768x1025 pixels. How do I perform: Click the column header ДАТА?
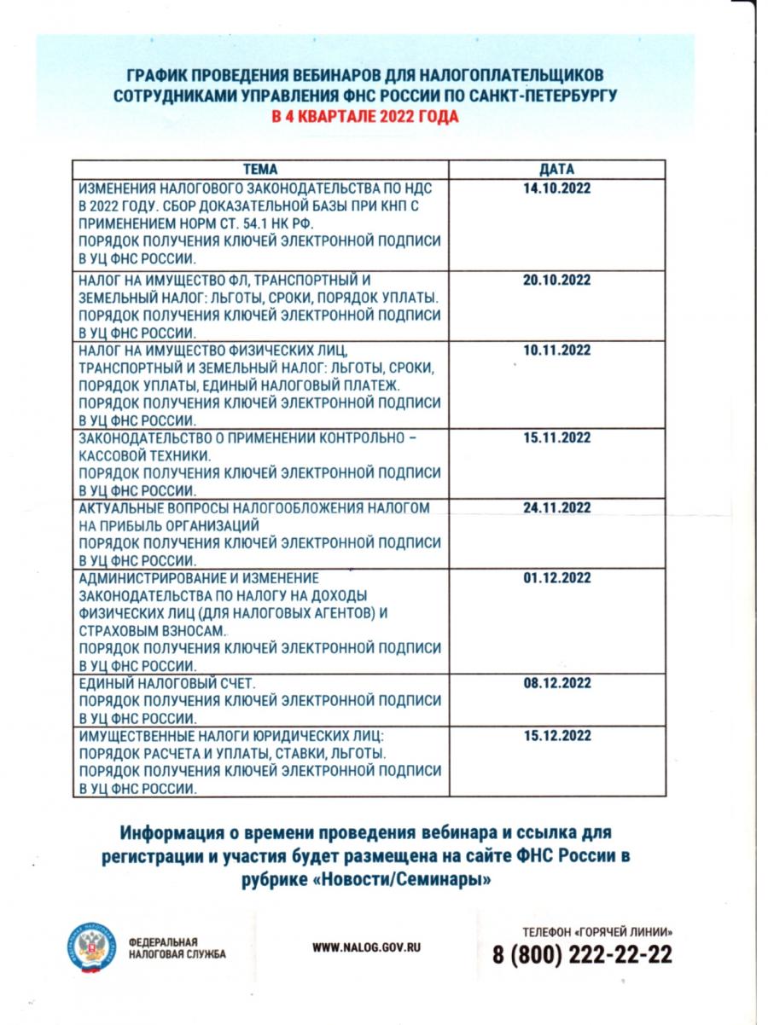click(556, 169)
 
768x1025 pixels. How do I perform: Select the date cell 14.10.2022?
click(556, 188)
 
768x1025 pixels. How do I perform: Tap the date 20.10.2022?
click(556, 280)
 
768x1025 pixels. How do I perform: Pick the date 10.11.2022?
click(556, 350)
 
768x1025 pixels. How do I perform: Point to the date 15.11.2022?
click(556, 437)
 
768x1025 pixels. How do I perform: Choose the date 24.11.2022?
click(556, 507)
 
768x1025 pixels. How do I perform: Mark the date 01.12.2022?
click(556, 577)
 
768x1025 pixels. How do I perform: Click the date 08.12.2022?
click(556, 683)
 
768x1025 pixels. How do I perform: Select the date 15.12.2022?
click(556, 736)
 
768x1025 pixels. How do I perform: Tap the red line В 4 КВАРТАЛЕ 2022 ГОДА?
click(364, 116)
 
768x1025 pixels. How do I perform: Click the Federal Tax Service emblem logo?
click(90, 947)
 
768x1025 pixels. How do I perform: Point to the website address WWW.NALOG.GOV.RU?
click(367, 947)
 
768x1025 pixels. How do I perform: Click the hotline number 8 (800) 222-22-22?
click(582, 954)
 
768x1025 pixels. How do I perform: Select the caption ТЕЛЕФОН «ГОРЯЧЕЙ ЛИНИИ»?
click(596, 930)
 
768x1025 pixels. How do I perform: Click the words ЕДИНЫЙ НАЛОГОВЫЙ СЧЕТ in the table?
click(166, 684)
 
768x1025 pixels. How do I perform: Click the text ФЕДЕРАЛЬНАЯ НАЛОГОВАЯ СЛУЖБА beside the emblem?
click(176, 948)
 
